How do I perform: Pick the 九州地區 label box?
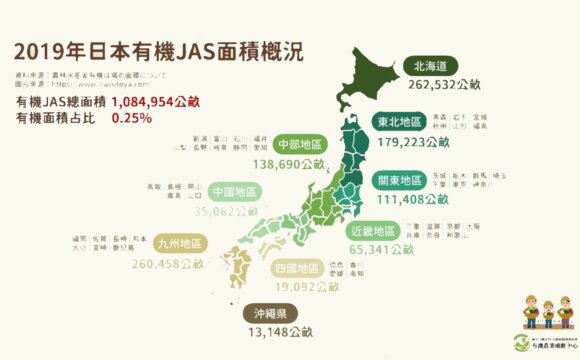point(180,244)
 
